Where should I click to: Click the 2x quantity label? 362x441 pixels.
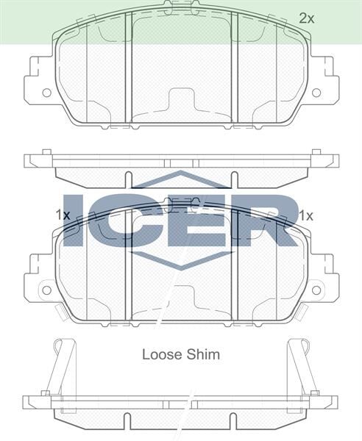point(307,18)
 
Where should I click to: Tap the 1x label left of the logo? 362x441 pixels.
point(63,215)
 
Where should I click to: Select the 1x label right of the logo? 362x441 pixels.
point(306,215)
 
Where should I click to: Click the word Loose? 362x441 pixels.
point(159,354)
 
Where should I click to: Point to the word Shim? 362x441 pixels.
point(202,354)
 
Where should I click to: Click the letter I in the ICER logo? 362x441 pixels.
point(77,219)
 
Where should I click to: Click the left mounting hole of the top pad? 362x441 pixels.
point(46,93)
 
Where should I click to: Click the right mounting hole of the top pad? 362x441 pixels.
point(316,93)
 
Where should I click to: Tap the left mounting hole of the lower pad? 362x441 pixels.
point(46,289)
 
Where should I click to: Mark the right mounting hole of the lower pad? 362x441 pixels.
point(316,289)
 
